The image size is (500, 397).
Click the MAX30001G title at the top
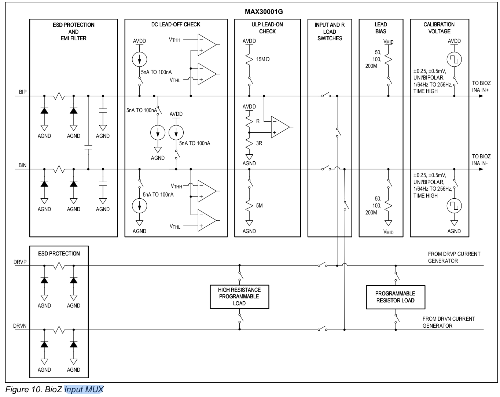pyautogui.click(x=264, y=12)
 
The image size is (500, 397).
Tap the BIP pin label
pyautogui.click(x=23, y=92)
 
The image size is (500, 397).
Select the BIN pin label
pyautogui.click(x=23, y=165)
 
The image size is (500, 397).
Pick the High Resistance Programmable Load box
pyautogui.click(x=239, y=297)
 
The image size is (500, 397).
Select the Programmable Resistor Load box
pyautogui.click(x=395, y=297)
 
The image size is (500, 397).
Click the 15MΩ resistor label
pyautogui.click(x=263, y=59)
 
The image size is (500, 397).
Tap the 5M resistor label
pyautogui.click(x=259, y=206)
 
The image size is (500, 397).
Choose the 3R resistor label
pyautogui.click(x=259, y=143)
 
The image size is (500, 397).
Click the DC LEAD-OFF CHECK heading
pyautogui.click(x=176, y=25)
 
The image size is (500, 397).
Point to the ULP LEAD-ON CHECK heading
pyautogui.click(x=267, y=28)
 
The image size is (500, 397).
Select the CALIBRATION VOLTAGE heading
pyautogui.click(x=439, y=28)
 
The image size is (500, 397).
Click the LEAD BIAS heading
pyautogui.click(x=380, y=28)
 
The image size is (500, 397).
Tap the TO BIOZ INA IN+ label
pyautogui.click(x=481, y=87)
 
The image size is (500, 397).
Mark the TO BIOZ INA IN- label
pyautogui.click(x=481, y=160)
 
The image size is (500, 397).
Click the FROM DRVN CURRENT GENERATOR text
pyautogui.click(x=448, y=322)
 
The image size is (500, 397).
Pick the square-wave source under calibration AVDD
pyautogui.click(x=454, y=59)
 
